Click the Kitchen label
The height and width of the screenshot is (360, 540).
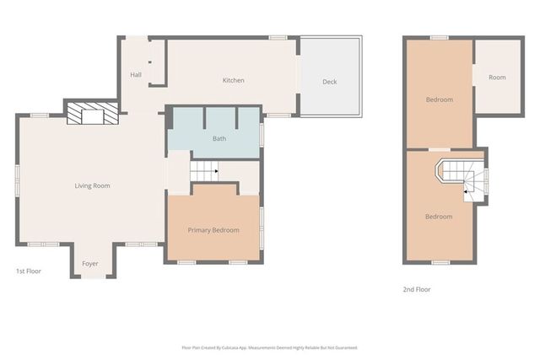click(233, 81)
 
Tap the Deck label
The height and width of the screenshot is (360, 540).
click(330, 82)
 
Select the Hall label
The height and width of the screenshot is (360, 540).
click(136, 75)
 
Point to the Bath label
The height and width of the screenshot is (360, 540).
click(219, 139)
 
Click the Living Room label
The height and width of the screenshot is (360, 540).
click(93, 185)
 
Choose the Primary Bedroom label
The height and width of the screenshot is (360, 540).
click(213, 230)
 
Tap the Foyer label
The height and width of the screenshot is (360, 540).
click(90, 264)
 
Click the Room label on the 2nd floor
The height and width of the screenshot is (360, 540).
click(497, 78)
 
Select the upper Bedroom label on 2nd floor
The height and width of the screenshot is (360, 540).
click(439, 100)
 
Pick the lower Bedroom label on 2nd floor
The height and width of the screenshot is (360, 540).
click(439, 217)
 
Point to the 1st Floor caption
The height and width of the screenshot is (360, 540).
click(29, 271)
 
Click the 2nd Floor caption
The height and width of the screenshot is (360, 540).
click(417, 289)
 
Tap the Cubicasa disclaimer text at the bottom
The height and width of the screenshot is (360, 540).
click(269, 347)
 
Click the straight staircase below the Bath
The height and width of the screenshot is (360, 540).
click(203, 170)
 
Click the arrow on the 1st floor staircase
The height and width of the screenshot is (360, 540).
click(215, 171)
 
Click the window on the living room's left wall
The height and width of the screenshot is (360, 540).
click(17, 179)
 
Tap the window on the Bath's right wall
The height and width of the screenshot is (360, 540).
click(262, 135)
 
